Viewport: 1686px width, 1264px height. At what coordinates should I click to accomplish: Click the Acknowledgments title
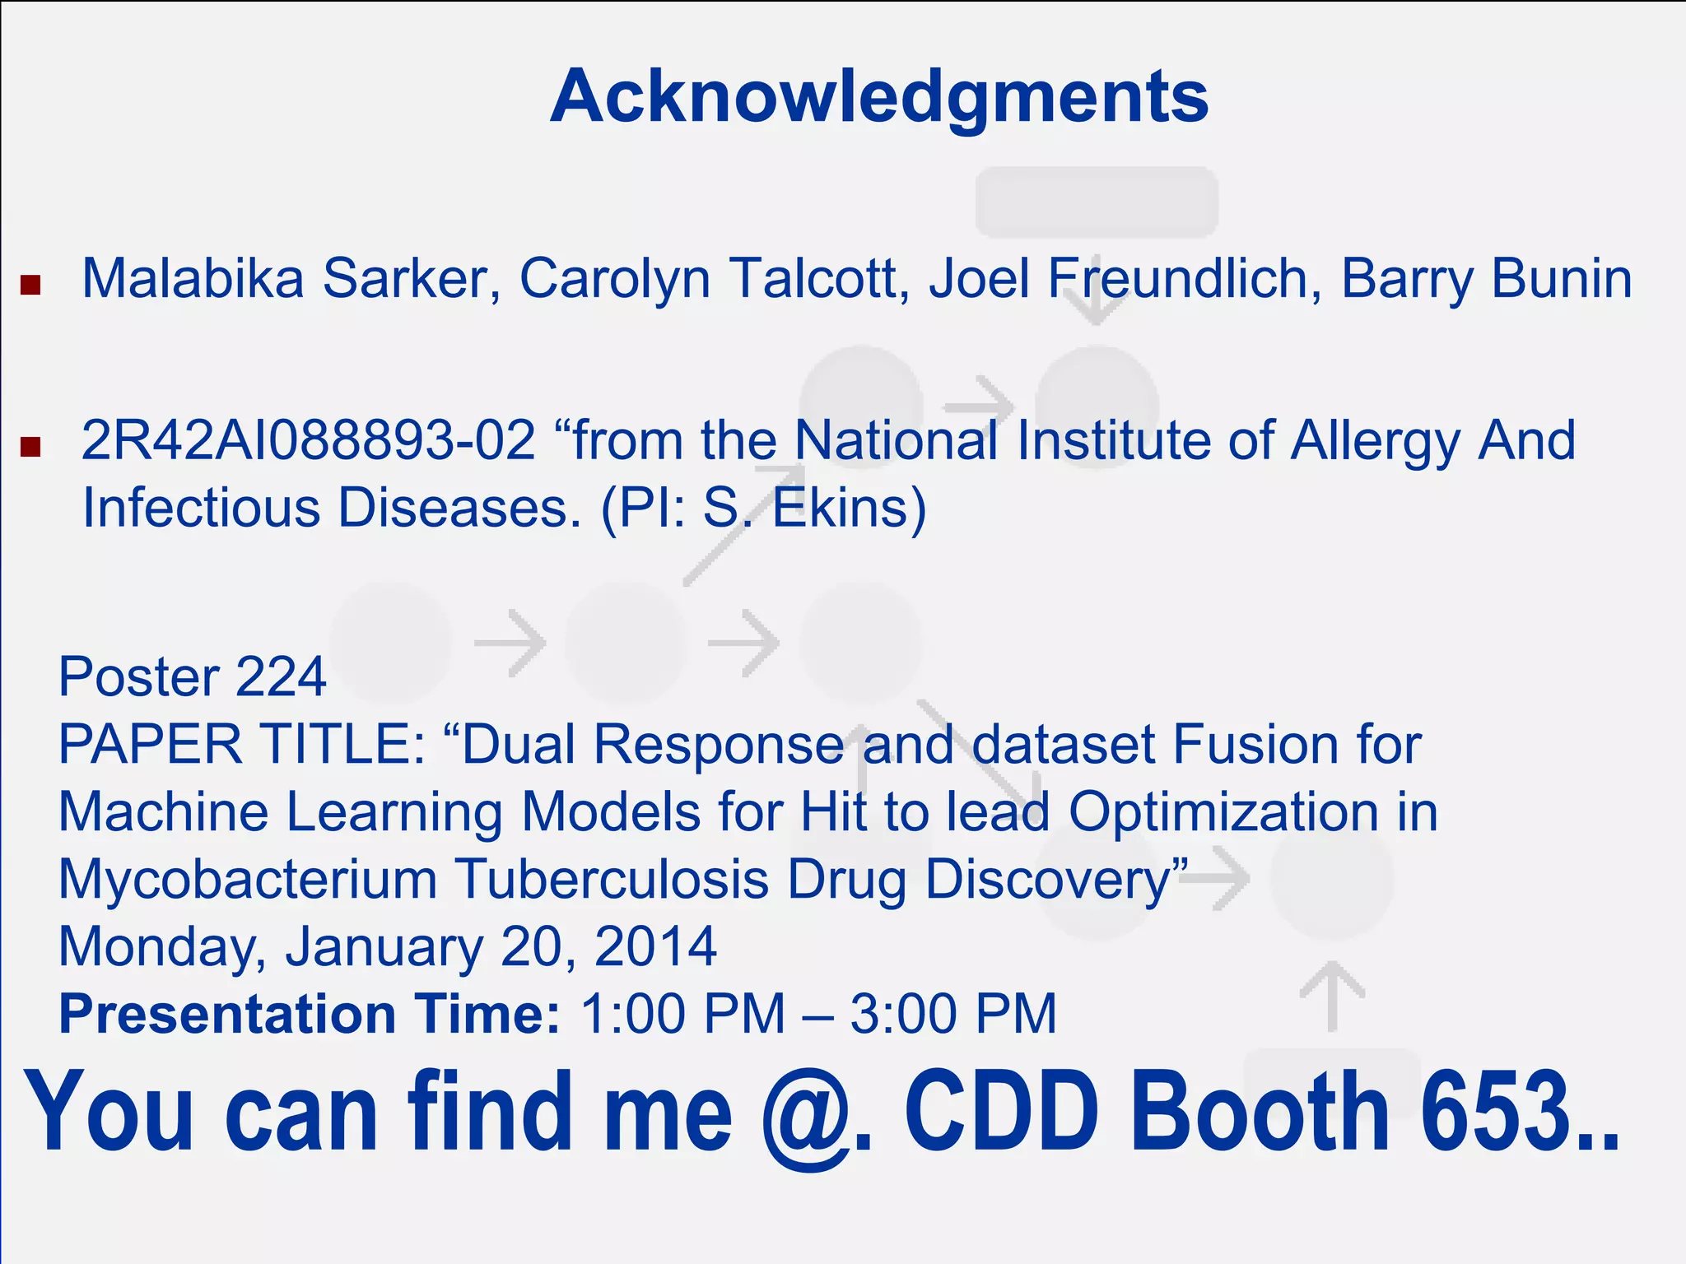879,97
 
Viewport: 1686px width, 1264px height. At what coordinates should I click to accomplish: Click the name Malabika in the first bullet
193,279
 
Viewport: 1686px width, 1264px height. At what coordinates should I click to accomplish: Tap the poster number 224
281,677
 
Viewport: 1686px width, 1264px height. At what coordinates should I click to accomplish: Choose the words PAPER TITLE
240,745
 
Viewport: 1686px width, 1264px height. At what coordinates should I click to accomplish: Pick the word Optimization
1223,813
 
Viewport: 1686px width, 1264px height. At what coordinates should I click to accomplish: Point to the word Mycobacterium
247,881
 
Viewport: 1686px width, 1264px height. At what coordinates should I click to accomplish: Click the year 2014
655,947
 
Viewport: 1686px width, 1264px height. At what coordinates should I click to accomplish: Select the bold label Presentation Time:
310,1014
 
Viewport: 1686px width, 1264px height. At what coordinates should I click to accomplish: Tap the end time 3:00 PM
952,1014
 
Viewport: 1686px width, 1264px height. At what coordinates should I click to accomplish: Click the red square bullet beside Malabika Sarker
30,286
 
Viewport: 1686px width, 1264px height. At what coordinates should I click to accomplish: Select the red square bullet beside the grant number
30,447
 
